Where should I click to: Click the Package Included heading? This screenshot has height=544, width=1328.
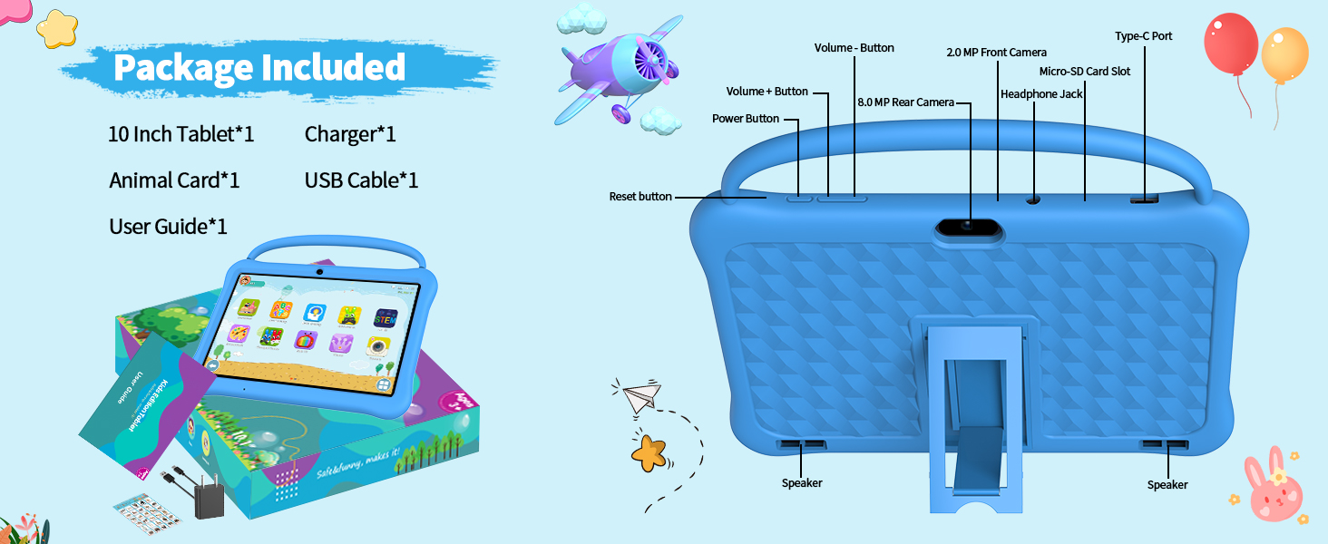pos(259,68)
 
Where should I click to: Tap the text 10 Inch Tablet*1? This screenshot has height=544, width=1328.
pos(181,134)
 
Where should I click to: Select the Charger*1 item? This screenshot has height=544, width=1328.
pos(350,134)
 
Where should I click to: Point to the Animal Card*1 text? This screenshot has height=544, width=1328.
pos(174,180)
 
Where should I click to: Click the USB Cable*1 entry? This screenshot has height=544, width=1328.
pos(361,180)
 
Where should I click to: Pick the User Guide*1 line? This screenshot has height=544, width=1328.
pos(168,226)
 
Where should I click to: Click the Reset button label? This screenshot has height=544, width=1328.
pos(640,197)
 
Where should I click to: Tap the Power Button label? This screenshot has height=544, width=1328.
pos(745,119)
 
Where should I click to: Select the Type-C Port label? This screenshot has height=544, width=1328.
pos(1143,36)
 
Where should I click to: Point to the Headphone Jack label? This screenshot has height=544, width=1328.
pos(1041,94)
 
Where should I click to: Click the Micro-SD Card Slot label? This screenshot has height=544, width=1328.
pos(1084,72)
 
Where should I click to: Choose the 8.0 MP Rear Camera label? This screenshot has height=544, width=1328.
pos(905,102)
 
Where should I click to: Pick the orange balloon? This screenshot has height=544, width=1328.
pos(1284,54)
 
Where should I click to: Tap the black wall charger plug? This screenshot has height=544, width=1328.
pos(210,498)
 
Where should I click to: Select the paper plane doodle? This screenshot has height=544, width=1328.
pos(642,397)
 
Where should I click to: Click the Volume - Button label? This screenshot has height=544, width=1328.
pos(854,48)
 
